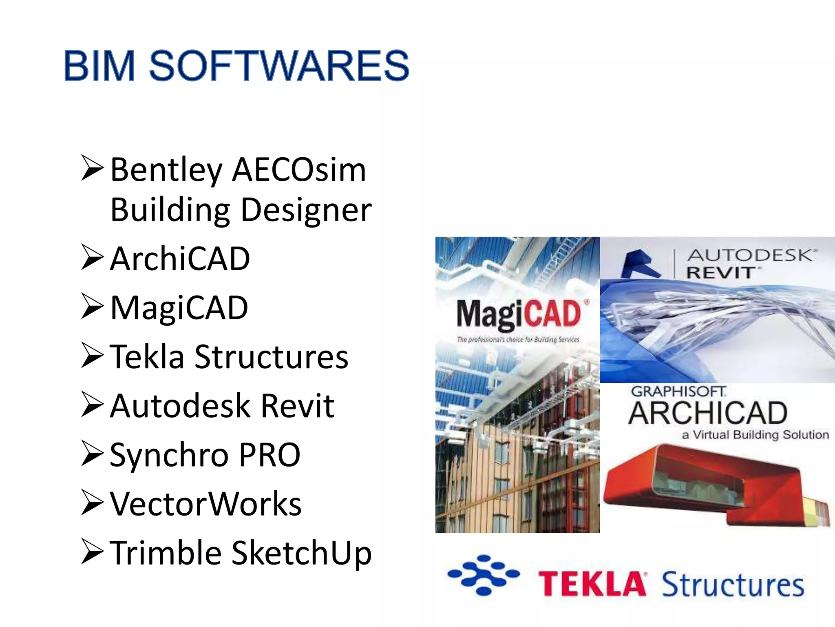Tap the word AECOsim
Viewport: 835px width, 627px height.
tap(299, 170)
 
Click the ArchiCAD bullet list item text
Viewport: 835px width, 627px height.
tap(180, 259)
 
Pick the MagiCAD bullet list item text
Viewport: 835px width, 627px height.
tap(179, 308)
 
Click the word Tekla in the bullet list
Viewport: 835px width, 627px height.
tap(147, 357)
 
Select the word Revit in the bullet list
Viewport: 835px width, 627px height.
tap(297, 406)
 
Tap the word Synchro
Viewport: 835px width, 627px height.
tap(169, 455)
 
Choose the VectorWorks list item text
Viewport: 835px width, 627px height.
tap(205, 504)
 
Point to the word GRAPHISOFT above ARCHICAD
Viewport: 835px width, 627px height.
tap(678, 391)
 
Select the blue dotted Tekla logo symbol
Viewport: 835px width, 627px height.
tap(483, 575)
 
